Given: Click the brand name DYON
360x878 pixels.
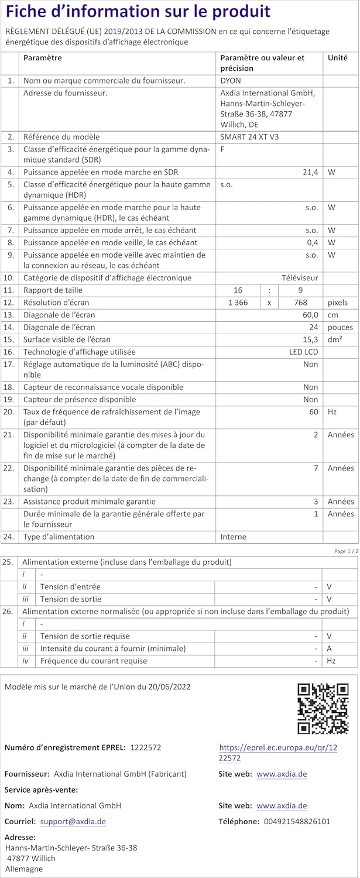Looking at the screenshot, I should (x=230, y=81).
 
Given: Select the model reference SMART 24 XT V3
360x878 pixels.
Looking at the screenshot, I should (x=250, y=136).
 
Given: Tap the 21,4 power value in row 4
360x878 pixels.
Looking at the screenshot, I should (x=309, y=172).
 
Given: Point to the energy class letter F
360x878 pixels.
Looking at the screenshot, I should (x=222, y=149).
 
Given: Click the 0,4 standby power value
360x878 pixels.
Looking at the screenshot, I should (x=313, y=242).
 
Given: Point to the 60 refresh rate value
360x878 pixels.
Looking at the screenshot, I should (x=314, y=412).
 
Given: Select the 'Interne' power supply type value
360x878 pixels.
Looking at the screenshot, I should (x=233, y=537).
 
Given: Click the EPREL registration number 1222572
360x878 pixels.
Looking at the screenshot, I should (x=145, y=747).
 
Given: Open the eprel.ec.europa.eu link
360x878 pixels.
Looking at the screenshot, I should (x=278, y=753).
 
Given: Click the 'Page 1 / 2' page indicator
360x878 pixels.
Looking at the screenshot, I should (x=344, y=551).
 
